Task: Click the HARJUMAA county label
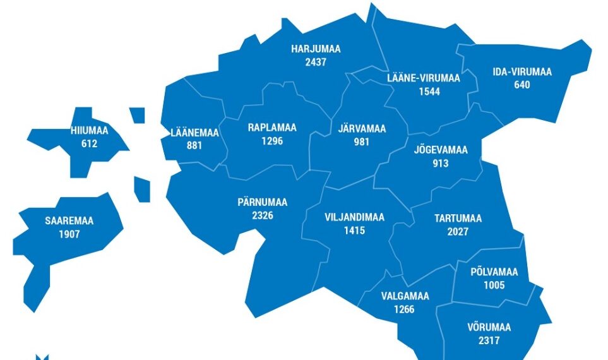pyautogui.click(x=316, y=49)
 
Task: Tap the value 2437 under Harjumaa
pyautogui.click(x=316, y=62)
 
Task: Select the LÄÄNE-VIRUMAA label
pyautogui.click(x=423, y=78)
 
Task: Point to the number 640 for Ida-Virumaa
pyautogui.click(x=522, y=85)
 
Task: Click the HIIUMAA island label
pyautogui.click(x=90, y=131)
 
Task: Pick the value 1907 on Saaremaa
pyautogui.click(x=69, y=234)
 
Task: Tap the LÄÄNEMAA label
pyautogui.click(x=194, y=133)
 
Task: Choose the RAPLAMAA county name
pyautogui.click(x=271, y=128)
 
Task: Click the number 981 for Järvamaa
pyautogui.click(x=361, y=142)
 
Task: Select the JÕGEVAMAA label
pyautogui.click(x=441, y=150)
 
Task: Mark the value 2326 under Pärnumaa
pyautogui.click(x=262, y=215)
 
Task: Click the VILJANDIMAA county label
pyautogui.click(x=354, y=217)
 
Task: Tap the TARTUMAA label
pyautogui.click(x=458, y=219)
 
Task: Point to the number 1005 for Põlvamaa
pyautogui.click(x=494, y=285)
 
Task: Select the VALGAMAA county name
pyautogui.click(x=405, y=296)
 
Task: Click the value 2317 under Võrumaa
pyautogui.click(x=489, y=341)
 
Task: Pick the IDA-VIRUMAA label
pyautogui.click(x=522, y=72)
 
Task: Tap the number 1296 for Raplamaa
pyautogui.click(x=271, y=141)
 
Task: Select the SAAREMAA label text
pyautogui.click(x=69, y=221)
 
